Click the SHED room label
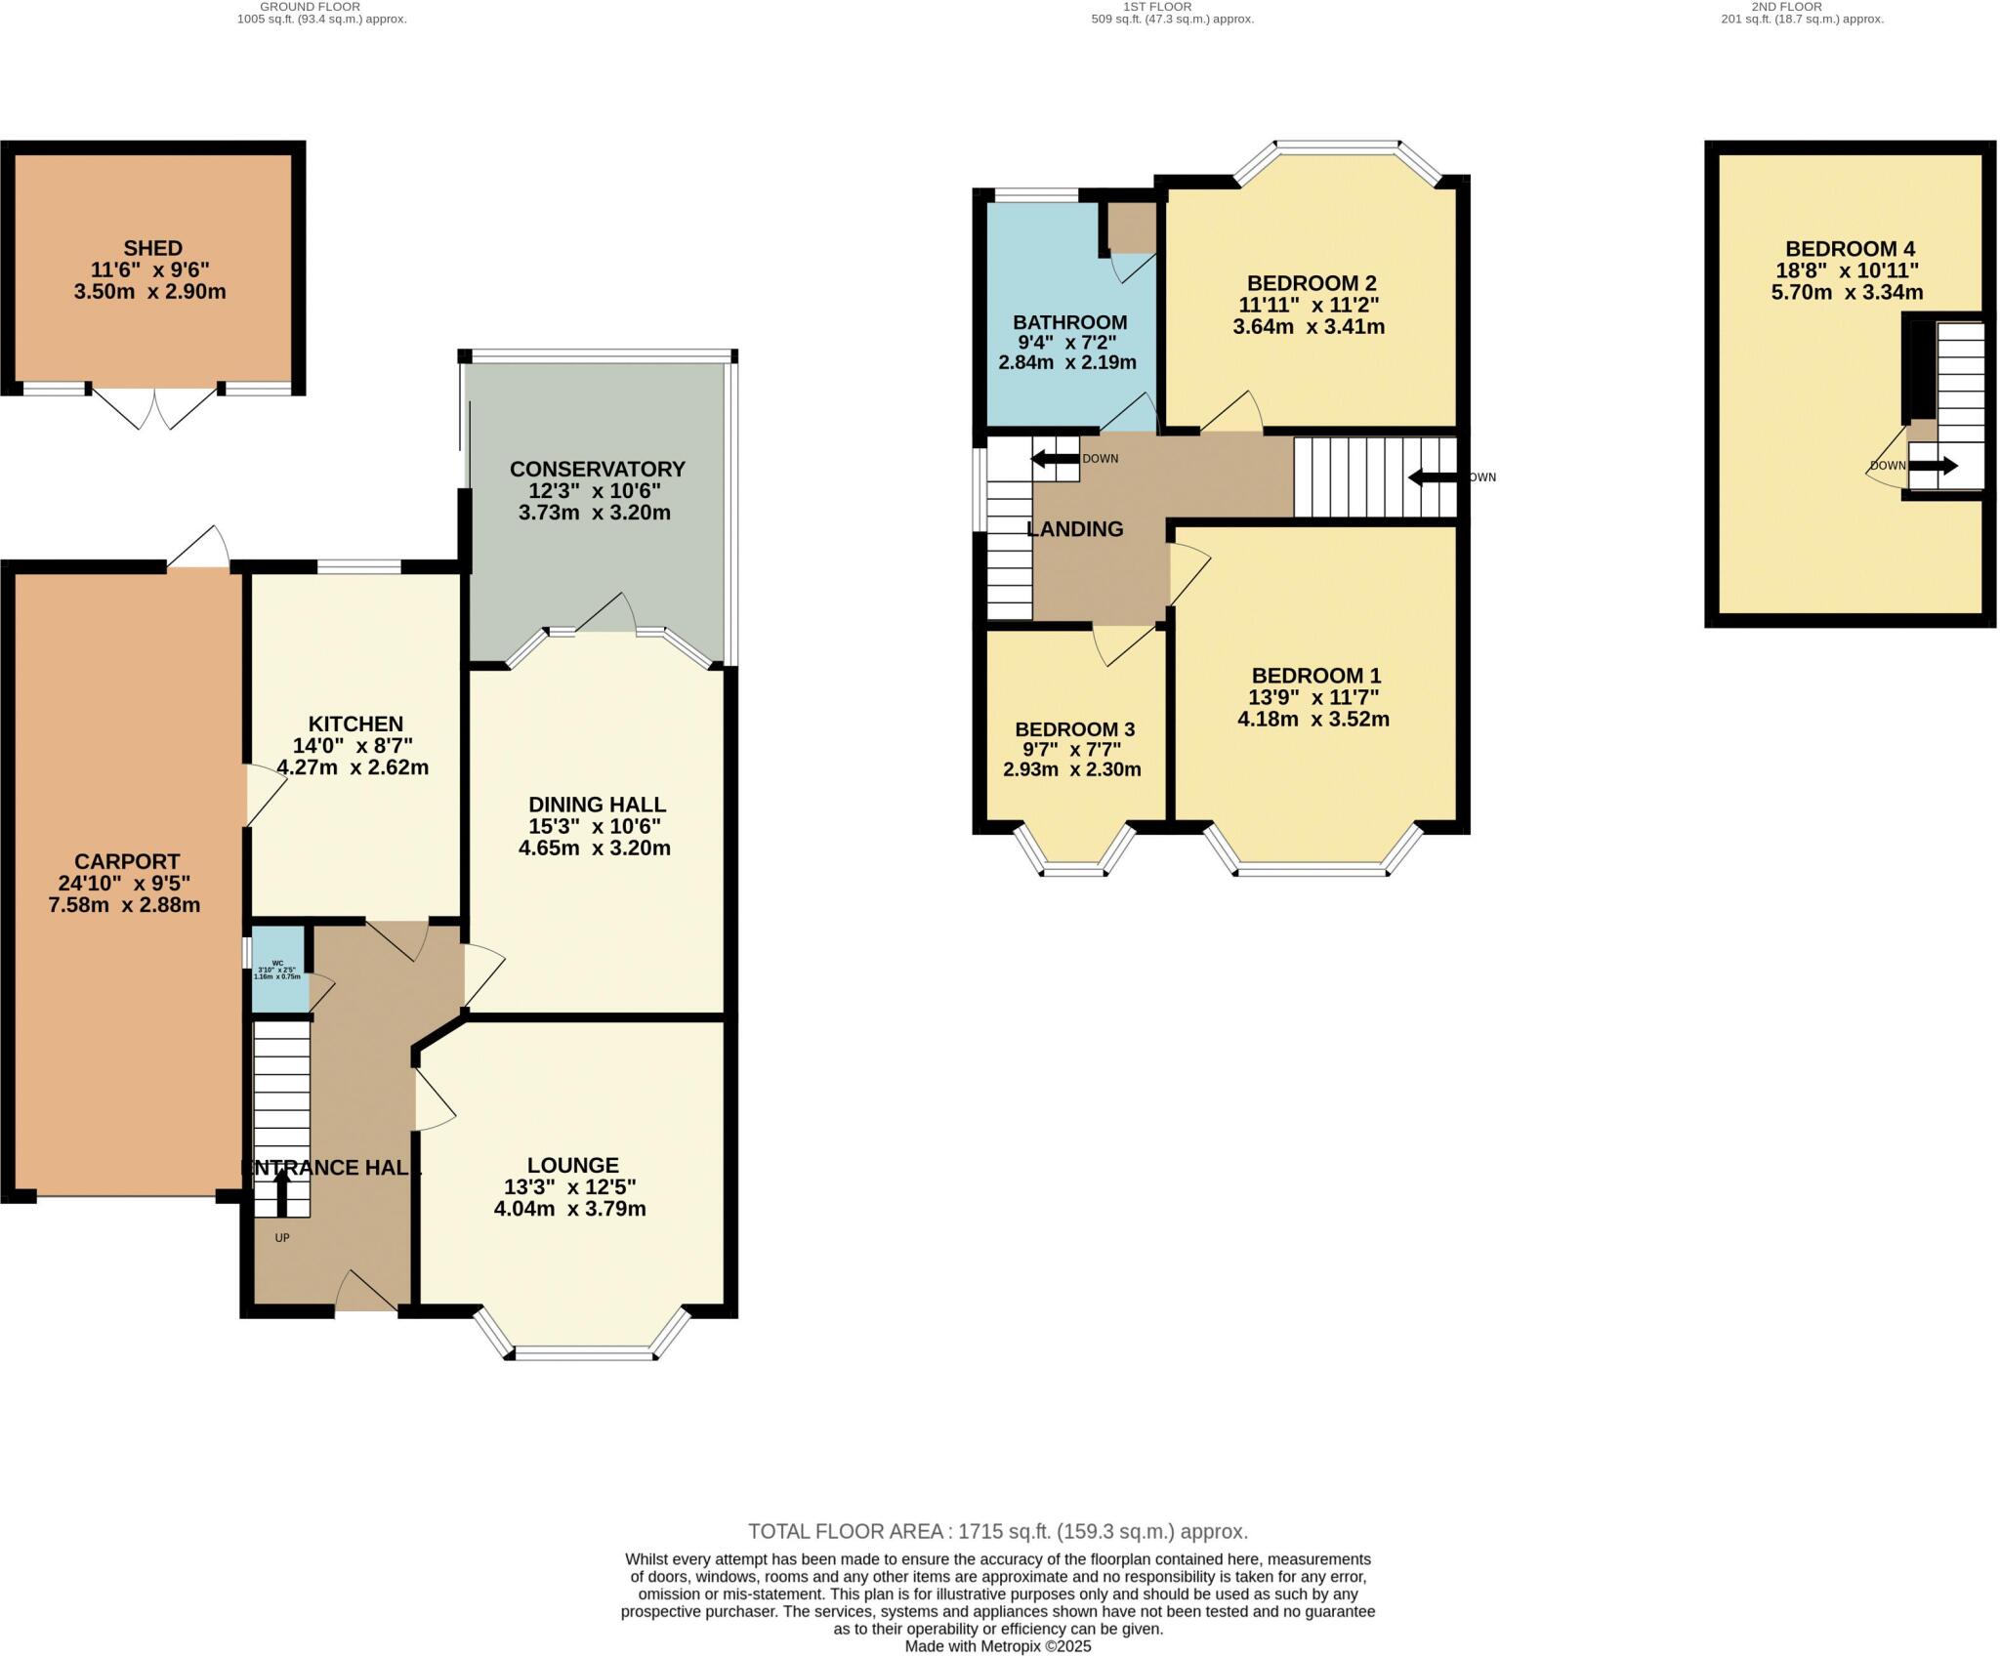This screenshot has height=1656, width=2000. click(x=153, y=248)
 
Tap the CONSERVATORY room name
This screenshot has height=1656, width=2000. click(x=597, y=469)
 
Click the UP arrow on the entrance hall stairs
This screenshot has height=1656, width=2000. click(x=282, y=1191)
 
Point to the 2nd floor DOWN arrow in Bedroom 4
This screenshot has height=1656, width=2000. click(x=1933, y=466)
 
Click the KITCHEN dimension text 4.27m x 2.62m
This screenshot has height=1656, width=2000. click(x=353, y=767)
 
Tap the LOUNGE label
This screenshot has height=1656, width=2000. click(x=572, y=1165)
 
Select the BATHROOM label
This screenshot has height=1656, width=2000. click(x=1069, y=322)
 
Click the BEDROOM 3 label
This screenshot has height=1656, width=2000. click(x=1074, y=729)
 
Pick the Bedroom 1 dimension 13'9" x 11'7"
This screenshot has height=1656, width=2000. click(x=1313, y=697)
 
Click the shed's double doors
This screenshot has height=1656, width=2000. click(x=154, y=408)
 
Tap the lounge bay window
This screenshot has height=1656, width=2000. click(x=584, y=1351)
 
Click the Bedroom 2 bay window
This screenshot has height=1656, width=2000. click(x=1337, y=147)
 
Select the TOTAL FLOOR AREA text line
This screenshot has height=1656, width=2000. click(x=998, y=1531)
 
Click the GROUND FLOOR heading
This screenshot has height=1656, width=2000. click(x=310, y=7)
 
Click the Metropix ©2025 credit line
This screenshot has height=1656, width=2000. click(x=998, y=1646)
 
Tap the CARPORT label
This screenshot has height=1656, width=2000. click(x=127, y=861)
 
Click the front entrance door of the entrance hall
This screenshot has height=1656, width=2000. click(x=365, y=1294)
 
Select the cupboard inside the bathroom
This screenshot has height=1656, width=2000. click(x=1131, y=227)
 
